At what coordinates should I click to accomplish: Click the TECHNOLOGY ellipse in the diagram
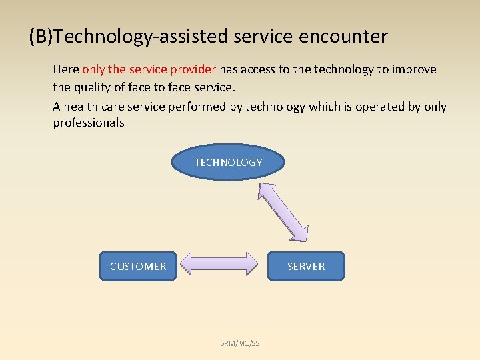[228, 163]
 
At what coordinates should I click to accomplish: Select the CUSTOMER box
[138, 266]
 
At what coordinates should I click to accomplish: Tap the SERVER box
[306, 266]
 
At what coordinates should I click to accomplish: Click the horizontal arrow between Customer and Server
[219, 263]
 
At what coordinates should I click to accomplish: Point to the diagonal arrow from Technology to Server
[284, 210]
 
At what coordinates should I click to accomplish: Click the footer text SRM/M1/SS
[240, 343]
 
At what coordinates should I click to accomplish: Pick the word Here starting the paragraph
[65, 70]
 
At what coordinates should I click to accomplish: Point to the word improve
[415, 70]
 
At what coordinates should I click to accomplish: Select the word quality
[94, 87]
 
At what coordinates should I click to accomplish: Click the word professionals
[89, 123]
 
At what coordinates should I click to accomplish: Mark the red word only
[94, 70]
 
